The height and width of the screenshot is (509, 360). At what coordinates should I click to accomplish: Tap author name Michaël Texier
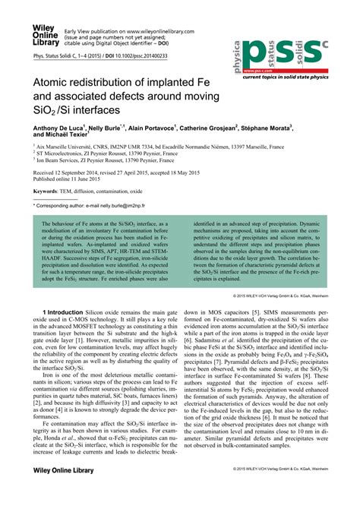point(69,138)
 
